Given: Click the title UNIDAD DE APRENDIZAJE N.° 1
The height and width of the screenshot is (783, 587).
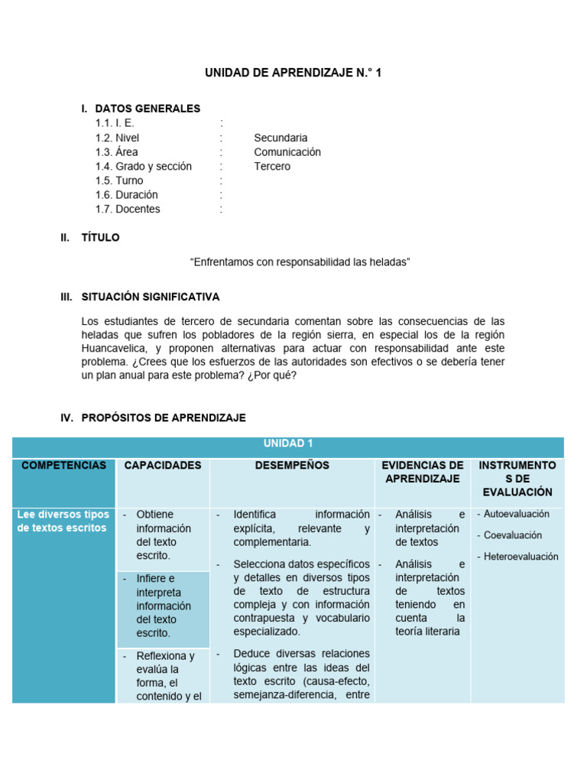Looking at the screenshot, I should [293, 73].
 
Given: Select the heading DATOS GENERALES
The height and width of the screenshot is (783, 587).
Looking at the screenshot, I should [148, 109].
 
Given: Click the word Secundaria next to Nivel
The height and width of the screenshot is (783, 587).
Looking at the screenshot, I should [281, 138].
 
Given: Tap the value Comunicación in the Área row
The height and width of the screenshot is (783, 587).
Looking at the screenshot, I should [287, 152].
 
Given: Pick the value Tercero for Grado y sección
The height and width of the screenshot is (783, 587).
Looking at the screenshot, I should [272, 166].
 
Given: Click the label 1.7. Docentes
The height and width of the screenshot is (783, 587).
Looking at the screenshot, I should [128, 209].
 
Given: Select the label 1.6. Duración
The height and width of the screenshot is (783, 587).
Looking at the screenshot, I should [126, 195].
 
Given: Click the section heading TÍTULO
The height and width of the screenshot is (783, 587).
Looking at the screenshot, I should [100, 238].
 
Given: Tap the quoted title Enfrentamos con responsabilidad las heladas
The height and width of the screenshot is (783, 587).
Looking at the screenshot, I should [300, 262].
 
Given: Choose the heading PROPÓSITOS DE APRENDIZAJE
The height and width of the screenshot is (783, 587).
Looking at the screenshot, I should [163, 417].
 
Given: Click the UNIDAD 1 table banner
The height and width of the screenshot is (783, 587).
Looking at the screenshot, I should [288, 443].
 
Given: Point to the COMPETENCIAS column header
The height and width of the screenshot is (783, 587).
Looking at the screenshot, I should [63, 465].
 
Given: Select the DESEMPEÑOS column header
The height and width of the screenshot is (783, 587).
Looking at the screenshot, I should [293, 465].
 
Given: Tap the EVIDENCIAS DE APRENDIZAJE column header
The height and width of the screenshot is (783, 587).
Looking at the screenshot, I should [423, 471].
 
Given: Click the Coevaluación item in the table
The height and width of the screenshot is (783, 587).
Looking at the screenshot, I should [514, 535].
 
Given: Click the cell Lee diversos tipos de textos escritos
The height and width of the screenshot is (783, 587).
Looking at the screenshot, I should [63, 521].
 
